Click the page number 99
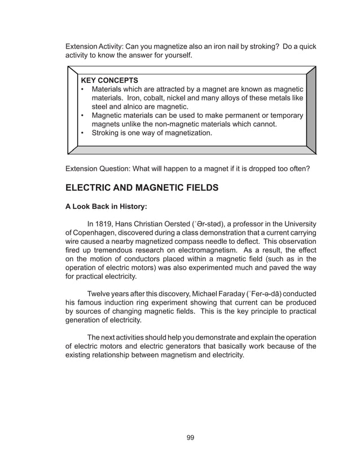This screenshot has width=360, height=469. (190, 437)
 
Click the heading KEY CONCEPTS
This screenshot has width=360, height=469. (109, 80)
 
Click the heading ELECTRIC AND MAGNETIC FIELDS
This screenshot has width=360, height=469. (142, 187)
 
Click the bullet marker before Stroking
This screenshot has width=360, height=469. (83, 133)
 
